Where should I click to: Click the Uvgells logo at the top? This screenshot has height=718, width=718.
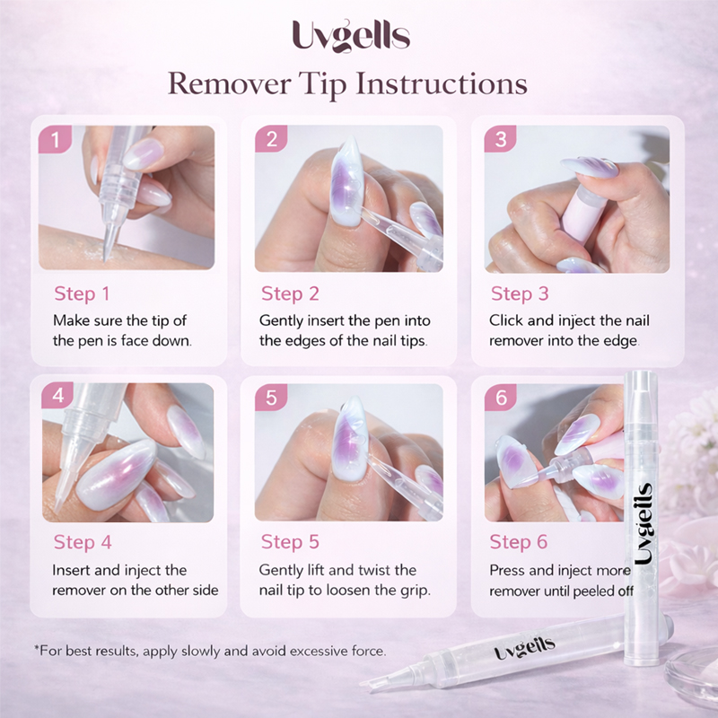[x=351, y=35]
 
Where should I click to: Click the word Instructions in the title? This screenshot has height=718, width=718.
[x=441, y=83]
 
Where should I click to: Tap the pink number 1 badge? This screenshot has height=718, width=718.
[x=55, y=139]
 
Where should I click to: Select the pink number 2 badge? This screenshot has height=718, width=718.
[x=272, y=139]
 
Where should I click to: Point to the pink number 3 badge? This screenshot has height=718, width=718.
[x=501, y=139]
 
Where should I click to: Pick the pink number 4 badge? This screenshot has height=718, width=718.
[x=58, y=396]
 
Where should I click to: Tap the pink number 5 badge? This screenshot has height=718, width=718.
[x=272, y=397]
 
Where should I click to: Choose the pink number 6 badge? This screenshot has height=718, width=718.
[x=501, y=397]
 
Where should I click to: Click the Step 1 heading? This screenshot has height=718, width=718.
[x=82, y=294]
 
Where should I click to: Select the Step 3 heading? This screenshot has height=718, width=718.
[x=520, y=294]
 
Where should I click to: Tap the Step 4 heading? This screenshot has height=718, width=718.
[x=83, y=543]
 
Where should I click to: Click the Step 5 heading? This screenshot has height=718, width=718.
[x=290, y=542]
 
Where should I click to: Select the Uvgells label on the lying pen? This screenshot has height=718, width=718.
[x=525, y=648]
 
